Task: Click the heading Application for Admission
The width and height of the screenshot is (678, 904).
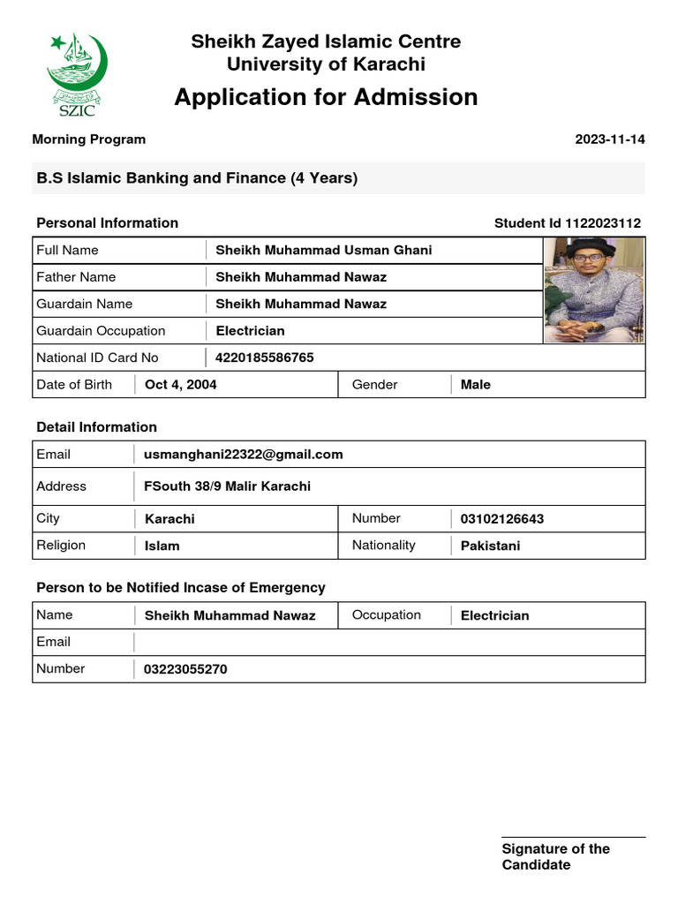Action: (x=326, y=97)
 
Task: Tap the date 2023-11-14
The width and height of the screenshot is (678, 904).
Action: (x=609, y=139)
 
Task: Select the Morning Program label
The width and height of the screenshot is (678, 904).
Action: (x=89, y=139)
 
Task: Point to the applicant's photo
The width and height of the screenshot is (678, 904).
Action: (x=593, y=290)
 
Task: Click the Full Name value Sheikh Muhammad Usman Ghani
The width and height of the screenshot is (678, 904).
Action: (x=323, y=251)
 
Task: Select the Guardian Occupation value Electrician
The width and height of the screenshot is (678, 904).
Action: (x=250, y=331)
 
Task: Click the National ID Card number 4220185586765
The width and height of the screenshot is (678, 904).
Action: (x=264, y=358)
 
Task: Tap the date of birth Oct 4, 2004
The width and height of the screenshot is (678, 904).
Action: (x=180, y=385)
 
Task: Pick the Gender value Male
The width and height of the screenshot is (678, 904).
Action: (x=475, y=385)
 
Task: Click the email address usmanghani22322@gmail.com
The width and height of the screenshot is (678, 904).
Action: (x=243, y=455)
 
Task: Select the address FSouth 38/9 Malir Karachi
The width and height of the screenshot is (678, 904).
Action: (x=227, y=486)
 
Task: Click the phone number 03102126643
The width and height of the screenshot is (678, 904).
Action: (x=501, y=519)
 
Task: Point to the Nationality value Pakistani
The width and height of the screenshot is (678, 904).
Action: (x=490, y=546)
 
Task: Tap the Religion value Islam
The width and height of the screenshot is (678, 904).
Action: (x=162, y=546)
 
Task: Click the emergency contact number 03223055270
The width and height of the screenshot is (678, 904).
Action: (x=185, y=669)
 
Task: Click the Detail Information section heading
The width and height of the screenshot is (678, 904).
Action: (x=96, y=427)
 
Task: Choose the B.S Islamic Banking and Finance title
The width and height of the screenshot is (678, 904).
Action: (x=197, y=178)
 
